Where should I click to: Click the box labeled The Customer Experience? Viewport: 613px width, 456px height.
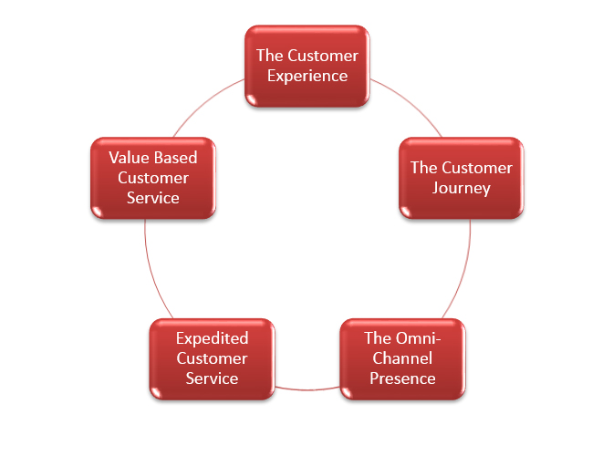307,66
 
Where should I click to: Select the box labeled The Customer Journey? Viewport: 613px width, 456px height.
462,178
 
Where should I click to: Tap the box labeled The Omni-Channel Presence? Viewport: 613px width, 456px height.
402,359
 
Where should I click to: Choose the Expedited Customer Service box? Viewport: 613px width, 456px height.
212,359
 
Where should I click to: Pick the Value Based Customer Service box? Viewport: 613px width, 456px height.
153,178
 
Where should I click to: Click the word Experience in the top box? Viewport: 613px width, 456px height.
307,77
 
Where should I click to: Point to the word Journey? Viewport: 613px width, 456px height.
462,189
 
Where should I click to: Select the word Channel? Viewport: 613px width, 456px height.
402,358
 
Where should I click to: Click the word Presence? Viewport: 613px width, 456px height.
402,378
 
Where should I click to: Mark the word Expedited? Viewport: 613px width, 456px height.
212,338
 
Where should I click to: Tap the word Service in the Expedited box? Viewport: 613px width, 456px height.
212,378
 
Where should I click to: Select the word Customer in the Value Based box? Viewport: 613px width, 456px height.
153,178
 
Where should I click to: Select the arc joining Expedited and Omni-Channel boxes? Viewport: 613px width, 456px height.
307,389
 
